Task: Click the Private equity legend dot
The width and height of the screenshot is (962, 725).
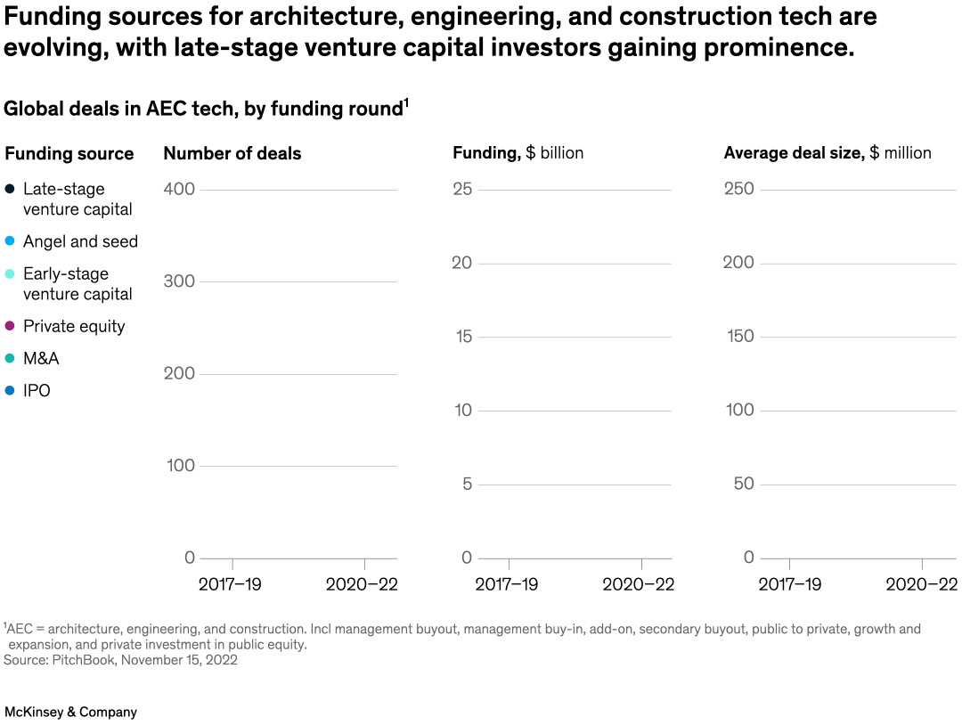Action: click(x=10, y=327)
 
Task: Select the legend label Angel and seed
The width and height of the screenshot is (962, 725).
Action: click(x=80, y=241)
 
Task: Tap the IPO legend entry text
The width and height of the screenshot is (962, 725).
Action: click(x=37, y=390)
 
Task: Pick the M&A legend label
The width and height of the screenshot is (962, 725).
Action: click(x=41, y=358)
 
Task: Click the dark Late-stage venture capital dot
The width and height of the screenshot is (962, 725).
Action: click(x=10, y=189)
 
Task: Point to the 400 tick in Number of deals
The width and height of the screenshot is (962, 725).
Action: click(x=179, y=189)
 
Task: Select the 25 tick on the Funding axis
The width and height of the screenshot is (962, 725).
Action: click(x=462, y=189)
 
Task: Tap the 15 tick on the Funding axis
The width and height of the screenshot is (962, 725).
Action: click(x=462, y=337)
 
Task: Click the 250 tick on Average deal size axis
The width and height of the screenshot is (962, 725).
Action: click(x=738, y=189)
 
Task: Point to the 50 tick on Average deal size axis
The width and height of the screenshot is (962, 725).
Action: click(x=744, y=484)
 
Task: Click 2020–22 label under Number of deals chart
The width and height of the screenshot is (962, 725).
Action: click(x=362, y=584)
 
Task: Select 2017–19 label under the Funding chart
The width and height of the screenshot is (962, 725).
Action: click(x=506, y=584)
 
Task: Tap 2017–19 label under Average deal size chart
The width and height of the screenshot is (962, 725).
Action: click(x=789, y=584)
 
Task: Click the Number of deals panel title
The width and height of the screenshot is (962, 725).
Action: click(x=232, y=153)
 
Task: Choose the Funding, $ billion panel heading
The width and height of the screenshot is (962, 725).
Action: click(x=518, y=153)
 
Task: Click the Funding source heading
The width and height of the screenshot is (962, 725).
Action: click(x=69, y=153)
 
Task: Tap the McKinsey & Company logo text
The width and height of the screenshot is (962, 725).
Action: click(x=71, y=712)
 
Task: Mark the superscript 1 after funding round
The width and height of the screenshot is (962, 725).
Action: click(x=406, y=103)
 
